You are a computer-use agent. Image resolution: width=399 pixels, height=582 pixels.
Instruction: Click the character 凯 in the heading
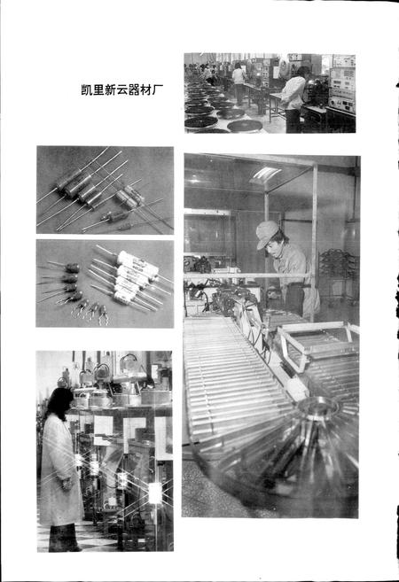85,90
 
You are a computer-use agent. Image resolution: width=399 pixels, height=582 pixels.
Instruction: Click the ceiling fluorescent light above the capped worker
266,174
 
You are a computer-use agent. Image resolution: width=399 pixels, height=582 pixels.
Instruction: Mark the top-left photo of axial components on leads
105,190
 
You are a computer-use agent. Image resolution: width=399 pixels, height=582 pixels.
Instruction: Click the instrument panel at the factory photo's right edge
342,89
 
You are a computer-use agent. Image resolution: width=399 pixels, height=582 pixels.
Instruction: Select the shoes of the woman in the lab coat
64,542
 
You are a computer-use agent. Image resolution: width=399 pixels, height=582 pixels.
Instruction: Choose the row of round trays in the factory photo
213,111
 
